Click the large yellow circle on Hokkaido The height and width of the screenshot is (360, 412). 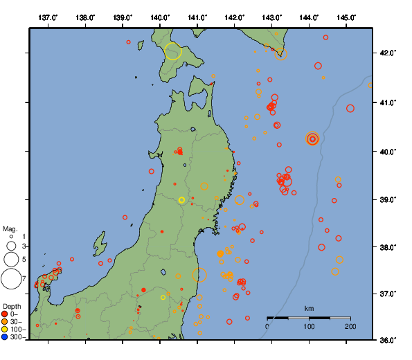(x=173, y=51)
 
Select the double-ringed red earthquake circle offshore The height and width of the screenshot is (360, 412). (x=312, y=138)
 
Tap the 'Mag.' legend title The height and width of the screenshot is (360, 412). (x=10, y=228)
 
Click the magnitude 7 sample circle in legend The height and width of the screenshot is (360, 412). (x=10, y=279)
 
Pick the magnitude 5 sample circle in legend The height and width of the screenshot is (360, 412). (x=11, y=260)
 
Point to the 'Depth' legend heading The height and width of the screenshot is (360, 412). (x=12, y=306)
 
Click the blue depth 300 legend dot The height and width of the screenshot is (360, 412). (x=5, y=337)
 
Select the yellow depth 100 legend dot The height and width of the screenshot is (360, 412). (x=5, y=330)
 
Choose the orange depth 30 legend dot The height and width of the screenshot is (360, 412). (x=5, y=322)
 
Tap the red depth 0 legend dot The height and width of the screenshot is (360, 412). (x=5, y=314)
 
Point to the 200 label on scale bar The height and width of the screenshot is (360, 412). (x=350, y=326)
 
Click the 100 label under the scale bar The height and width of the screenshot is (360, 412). (x=309, y=326)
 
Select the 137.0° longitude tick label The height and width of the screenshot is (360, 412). (x=48, y=17)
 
